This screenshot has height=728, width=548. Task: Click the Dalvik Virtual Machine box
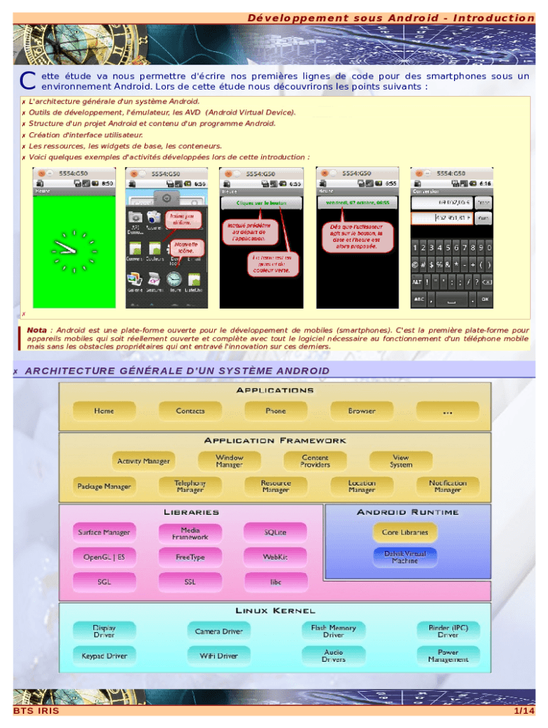[405, 557]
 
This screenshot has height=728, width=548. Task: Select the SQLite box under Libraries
[275, 532]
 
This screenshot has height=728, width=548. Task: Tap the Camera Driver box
[218, 631]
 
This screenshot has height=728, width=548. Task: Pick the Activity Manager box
[143, 461]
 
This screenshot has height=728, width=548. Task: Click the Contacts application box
[190, 411]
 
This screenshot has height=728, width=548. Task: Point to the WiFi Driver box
[218, 655]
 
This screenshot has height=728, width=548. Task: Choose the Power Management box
[448, 655]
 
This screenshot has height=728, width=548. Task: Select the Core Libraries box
[405, 532]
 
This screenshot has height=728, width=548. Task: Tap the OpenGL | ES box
[104, 557]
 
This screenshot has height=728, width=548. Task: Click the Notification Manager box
[448, 486]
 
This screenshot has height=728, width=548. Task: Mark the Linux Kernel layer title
[275, 611]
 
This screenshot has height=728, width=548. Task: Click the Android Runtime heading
[408, 512]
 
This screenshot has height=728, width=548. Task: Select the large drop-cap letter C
[28, 82]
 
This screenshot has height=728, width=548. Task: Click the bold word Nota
[37, 330]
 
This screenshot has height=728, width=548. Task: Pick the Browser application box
[362, 411]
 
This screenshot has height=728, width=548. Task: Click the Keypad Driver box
[104, 655]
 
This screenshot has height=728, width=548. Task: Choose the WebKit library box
[275, 557]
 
